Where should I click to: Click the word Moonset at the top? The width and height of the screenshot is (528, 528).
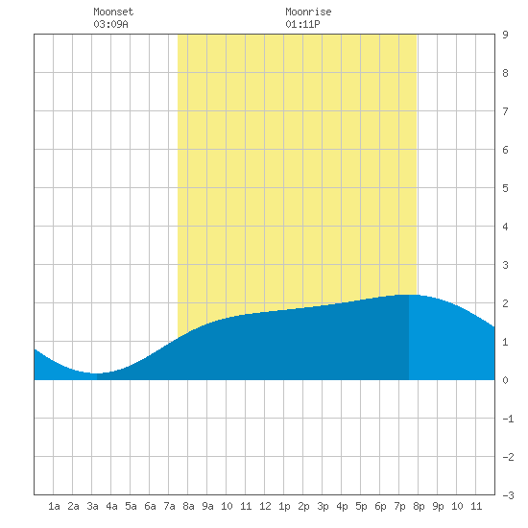pyautogui.click(x=113, y=12)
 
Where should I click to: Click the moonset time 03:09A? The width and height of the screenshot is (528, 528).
pyautogui.click(x=110, y=24)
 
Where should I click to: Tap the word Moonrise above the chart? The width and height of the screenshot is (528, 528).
pyautogui.click(x=308, y=12)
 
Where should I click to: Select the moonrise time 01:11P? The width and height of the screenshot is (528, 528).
pyautogui.click(x=302, y=24)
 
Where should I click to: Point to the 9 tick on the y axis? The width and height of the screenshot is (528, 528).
pyautogui.click(x=505, y=35)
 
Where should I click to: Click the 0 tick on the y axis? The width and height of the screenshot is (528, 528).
pyautogui.click(x=505, y=380)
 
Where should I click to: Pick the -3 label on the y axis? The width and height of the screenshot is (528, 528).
pyautogui.click(x=508, y=495)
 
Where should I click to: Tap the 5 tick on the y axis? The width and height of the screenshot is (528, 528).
pyautogui.click(x=505, y=188)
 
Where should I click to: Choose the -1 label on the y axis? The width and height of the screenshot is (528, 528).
pyautogui.click(x=508, y=419)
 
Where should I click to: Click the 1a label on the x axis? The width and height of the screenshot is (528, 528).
pyautogui.click(x=54, y=506)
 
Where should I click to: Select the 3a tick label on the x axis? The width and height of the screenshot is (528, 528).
pyautogui.click(x=92, y=506)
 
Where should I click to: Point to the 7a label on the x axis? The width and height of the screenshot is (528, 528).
pyautogui.click(x=169, y=506)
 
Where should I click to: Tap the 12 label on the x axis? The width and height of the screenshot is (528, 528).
pyautogui.click(x=265, y=506)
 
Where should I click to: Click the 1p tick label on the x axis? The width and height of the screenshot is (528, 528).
pyautogui.click(x=284, y=506)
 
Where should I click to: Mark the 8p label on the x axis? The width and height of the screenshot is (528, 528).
pyautogui.click(x=419, y=506)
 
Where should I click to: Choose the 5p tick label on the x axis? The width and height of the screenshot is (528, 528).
pyautogui.click(x=361, y=506)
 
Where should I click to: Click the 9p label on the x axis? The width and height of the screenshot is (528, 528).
pyautogui.click(x=438, y=506)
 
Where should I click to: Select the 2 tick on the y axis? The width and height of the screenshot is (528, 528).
pyautogui.click(x=505, y=303)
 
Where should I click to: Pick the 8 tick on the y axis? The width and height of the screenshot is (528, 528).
pyautogui.click(x=505, y=73)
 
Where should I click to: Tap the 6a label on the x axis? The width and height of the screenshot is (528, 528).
pyautogui.click(x=150, y=506)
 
